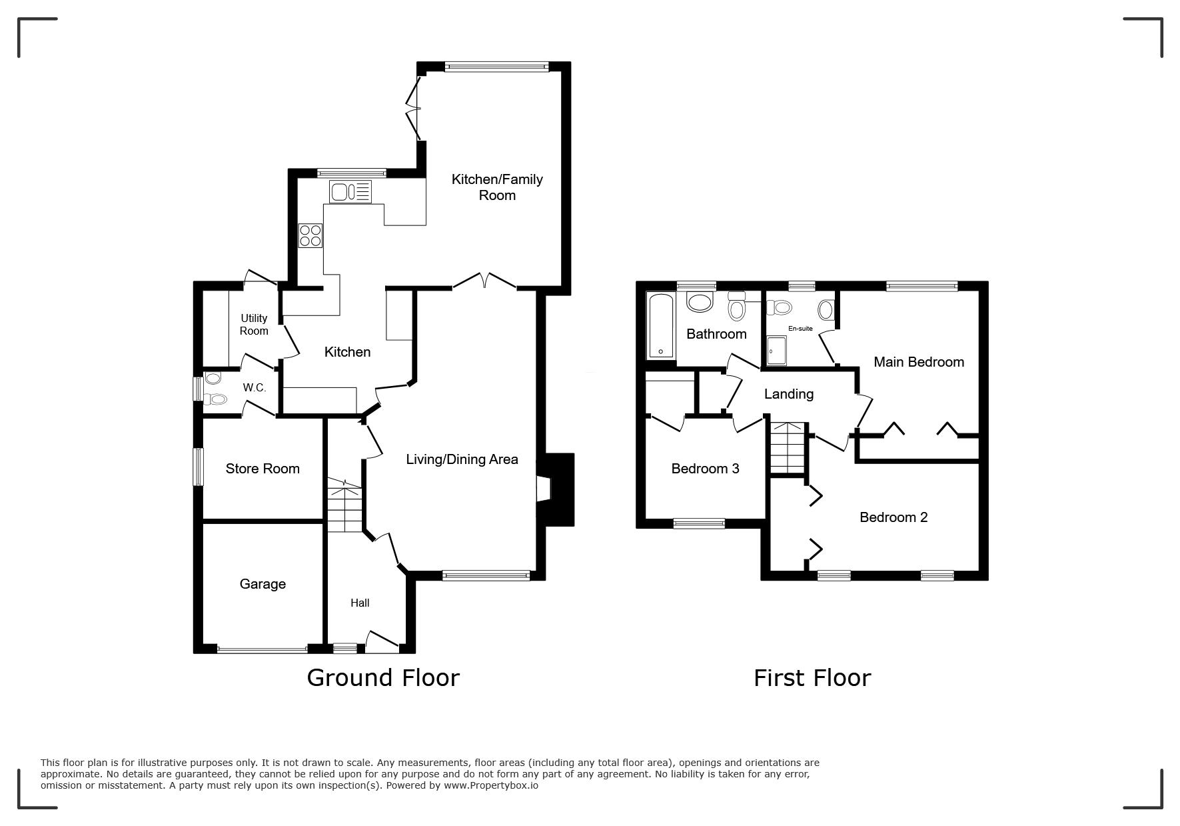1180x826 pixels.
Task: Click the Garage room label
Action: click(263, 584)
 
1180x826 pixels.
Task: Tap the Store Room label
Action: click(263, 469)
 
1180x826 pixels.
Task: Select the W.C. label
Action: click(254, 387)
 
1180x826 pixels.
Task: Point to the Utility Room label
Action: click(254, 325)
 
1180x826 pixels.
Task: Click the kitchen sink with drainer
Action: click(350, 192)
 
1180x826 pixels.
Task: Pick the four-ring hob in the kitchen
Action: click(310, 235)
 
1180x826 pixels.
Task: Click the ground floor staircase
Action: click(344, 506)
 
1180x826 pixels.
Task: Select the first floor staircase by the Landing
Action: click(788, 447)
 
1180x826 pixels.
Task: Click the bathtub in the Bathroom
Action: click(661, 325)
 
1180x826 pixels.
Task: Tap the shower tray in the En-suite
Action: click(777, 351)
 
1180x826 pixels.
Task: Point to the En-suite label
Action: click(800, 329)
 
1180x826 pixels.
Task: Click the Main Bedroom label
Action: click(919, 362)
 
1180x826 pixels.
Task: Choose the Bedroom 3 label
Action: click(705, 469)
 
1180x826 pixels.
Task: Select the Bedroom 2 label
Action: click(893, 517)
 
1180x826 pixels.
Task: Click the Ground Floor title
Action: click(383, 678)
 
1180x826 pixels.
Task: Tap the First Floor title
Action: click(812, 678)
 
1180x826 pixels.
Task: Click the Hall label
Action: click(360, 603)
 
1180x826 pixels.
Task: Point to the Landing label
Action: click(789, 394)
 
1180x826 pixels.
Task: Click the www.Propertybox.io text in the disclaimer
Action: click(491, 785)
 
